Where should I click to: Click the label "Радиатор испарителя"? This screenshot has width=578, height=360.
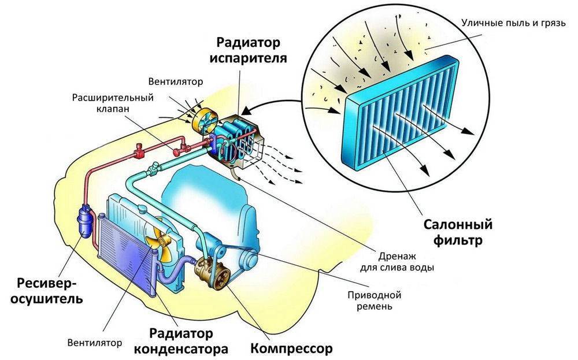click(x=251, y=50)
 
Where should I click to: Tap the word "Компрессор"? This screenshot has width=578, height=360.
click(x=292, y=348)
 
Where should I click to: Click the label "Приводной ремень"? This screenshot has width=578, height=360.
click(x=375, y=300)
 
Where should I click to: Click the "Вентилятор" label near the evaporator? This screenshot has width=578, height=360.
click(x=175, y=82)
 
